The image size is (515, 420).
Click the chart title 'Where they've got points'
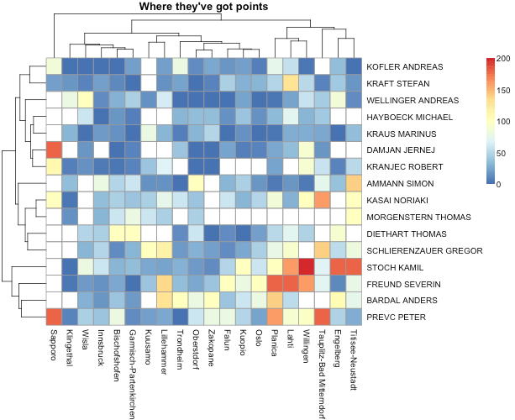click(x=203, y=8)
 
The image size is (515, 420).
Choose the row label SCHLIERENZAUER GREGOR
click(x=424, y=250)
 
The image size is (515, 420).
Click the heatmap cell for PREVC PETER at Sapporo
click(x=53, y=317)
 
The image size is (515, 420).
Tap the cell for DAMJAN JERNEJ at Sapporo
click(x=53, y=150)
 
